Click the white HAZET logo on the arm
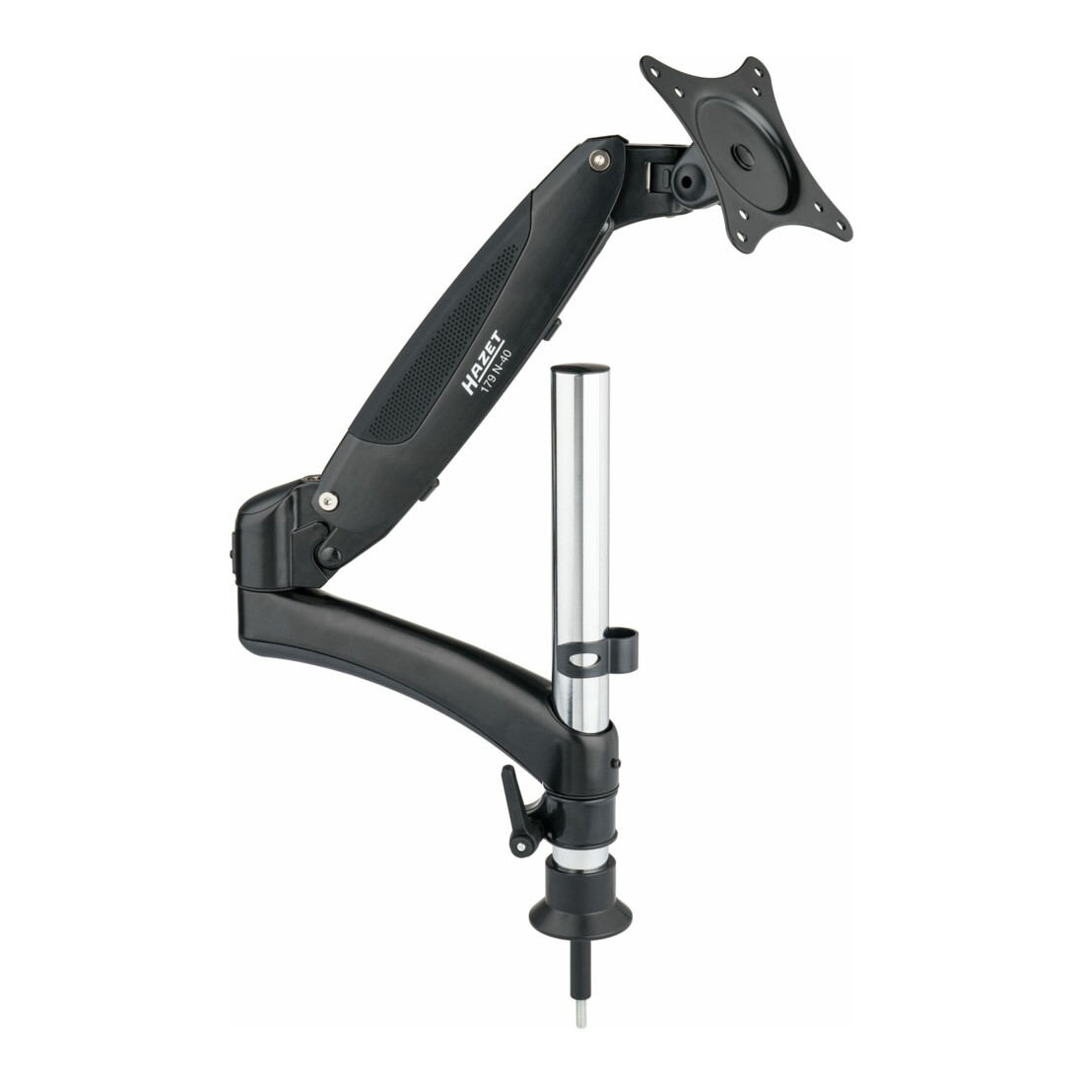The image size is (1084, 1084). click(x=483, y=364)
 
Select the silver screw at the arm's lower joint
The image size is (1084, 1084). click(x=329, y=501)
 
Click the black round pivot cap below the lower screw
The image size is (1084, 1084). click(x=327, y=554)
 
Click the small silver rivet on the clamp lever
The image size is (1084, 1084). click(x=516, y=845)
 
